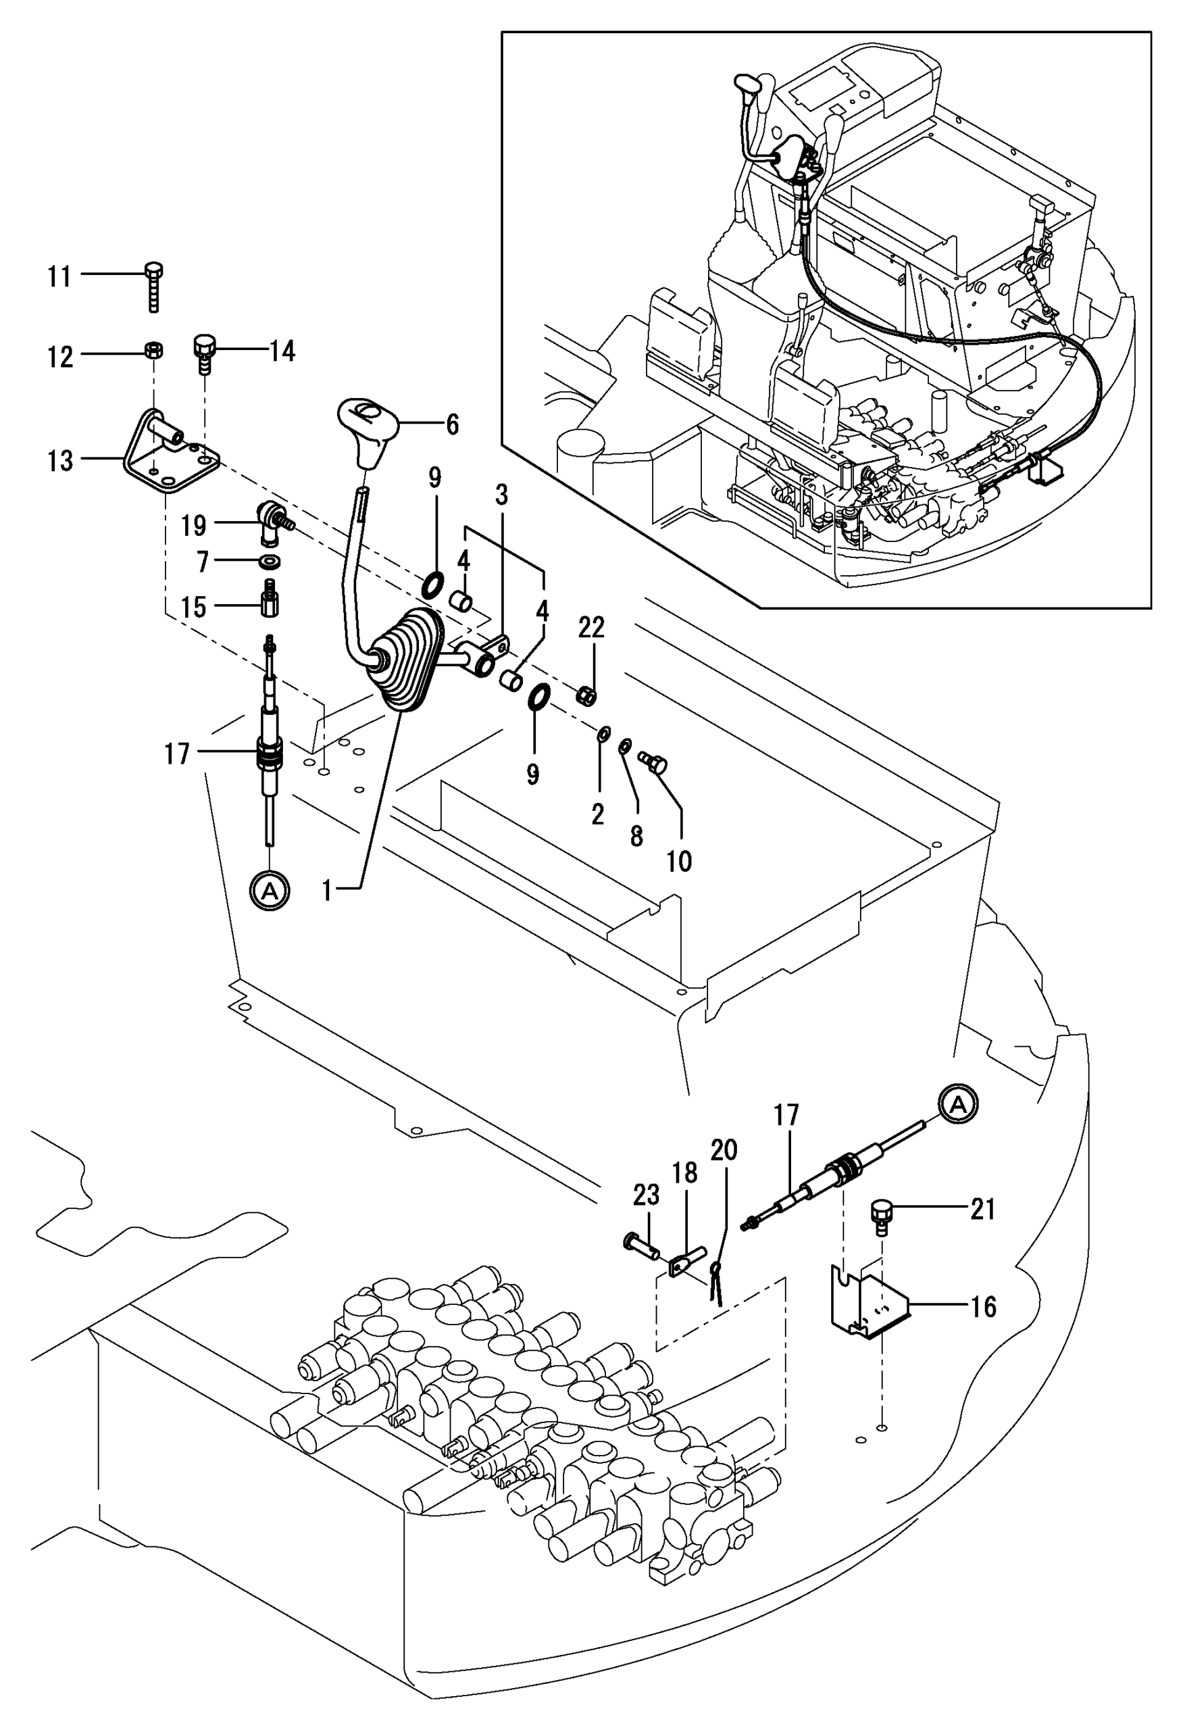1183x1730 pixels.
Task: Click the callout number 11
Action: pos(59,276)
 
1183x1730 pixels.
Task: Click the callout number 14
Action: pos(282,351)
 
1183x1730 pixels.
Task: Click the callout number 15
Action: pos(193,607)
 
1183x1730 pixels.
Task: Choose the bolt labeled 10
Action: pos(655,762)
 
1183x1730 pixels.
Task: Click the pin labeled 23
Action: pos(640,1243)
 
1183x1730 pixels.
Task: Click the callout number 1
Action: pos(326,890)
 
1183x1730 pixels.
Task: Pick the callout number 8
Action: pos(636,837)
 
